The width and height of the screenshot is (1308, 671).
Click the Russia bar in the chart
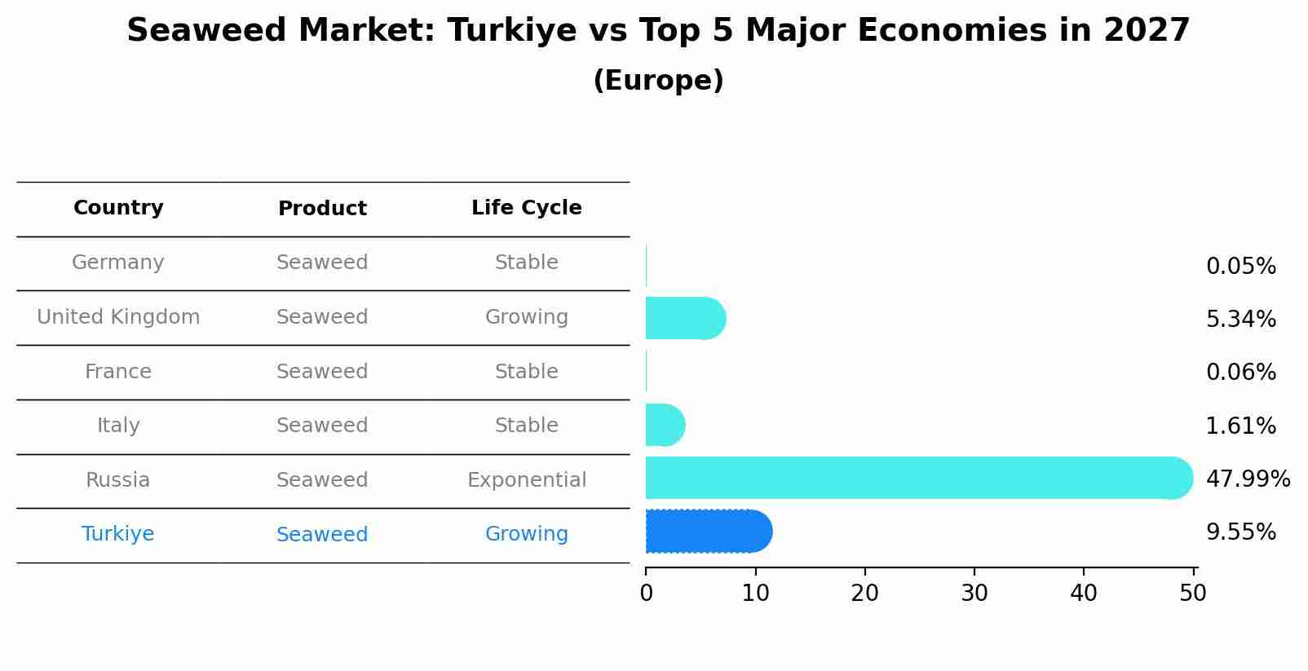coord(913,478)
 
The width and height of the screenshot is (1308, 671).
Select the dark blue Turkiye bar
coord(705,532)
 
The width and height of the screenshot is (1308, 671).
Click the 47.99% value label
coord(1247,479)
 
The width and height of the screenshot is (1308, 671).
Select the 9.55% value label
coord(1240,532)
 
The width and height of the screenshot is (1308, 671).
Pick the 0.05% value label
coord(1240,267)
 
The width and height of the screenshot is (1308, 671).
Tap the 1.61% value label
coord(1240,426)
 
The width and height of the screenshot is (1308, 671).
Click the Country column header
coord(118,208)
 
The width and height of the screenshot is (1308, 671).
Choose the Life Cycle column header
coord(526,208)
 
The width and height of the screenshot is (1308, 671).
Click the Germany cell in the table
coord(118,263)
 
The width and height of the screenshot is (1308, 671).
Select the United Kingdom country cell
coord(118,317)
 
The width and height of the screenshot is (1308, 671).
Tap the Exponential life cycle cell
coord(526,480)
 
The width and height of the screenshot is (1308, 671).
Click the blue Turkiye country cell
coord(118,534)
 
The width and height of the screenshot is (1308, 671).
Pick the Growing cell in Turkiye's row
coord(526,534)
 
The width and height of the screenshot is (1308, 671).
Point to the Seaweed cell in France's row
coord(322,372)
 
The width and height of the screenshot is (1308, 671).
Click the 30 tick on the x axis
coord(974,594)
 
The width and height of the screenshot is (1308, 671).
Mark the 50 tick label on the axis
coord(1192,594)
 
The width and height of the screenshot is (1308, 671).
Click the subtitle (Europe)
coord(658,81)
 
